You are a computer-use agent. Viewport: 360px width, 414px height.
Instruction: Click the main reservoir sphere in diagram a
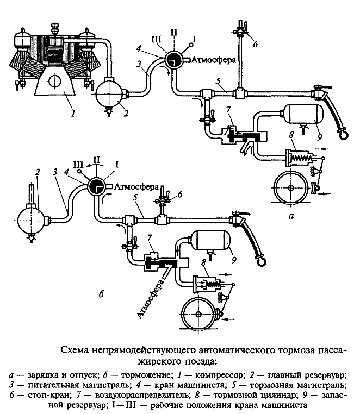pos(110,93)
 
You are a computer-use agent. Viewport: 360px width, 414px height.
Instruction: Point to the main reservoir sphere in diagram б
pos(30,221)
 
